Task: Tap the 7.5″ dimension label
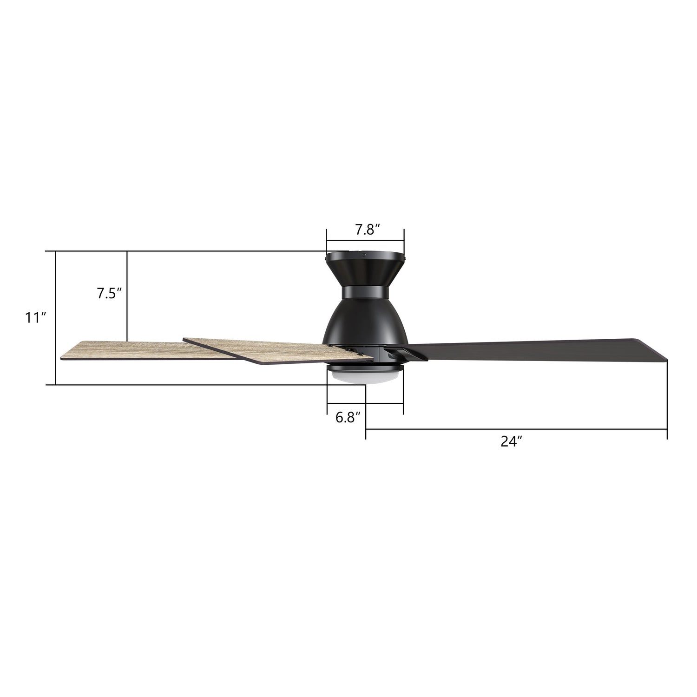point(109,294)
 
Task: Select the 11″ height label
point(36,318)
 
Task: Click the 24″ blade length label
point(512,441)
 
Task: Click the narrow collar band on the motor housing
point(365,293)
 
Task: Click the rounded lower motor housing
point(365,323)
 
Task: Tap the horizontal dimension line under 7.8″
point(365,241)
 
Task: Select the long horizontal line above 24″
point(516,429)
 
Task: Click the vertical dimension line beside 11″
point(56,318)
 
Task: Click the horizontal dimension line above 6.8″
point(365,403)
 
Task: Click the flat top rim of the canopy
point(365,255)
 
